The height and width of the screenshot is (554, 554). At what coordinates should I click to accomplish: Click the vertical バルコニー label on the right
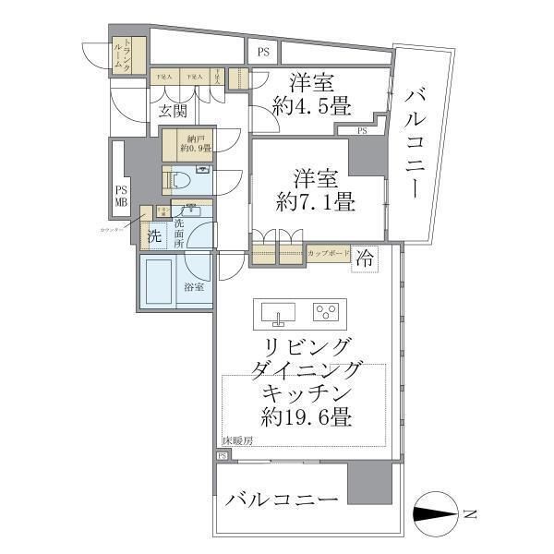(415, 143)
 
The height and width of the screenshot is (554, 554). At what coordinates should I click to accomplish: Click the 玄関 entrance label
(172, 113)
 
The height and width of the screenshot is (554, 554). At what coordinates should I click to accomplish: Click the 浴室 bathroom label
(195, 287)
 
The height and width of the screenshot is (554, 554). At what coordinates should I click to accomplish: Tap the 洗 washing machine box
(154, 237)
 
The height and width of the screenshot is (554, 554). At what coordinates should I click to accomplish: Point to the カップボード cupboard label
(327, 252)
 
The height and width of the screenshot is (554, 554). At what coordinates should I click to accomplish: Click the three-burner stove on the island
(327, 312)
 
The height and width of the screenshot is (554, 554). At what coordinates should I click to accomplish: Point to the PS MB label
(121, 195)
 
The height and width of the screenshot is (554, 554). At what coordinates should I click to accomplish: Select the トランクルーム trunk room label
(127, 54)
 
